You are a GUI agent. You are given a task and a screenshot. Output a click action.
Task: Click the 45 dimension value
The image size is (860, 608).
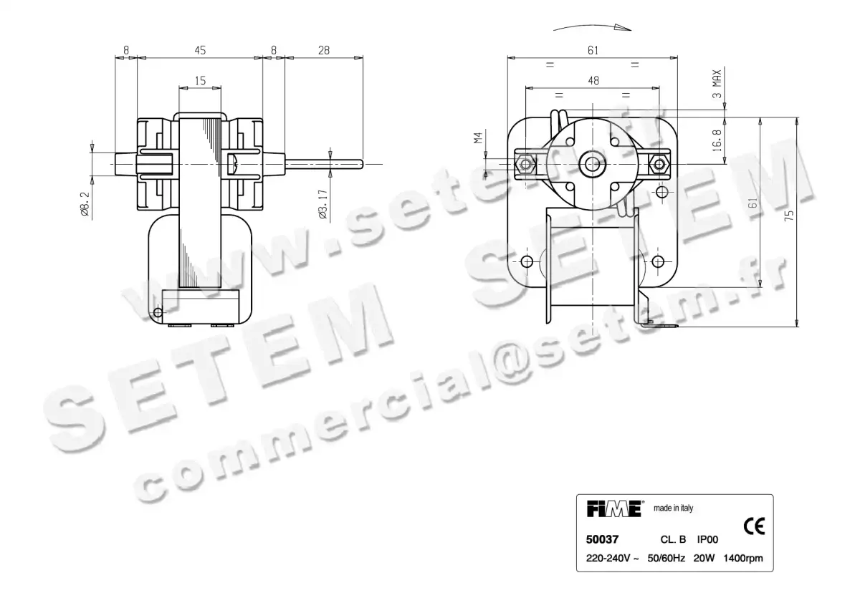[199, 50]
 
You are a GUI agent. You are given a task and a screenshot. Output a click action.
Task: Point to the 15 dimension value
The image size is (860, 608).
[199, 81]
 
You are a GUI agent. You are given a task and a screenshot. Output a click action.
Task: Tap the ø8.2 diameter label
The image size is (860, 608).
[85, 203]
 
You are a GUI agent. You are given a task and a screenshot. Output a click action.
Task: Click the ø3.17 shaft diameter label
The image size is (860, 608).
[323, 203]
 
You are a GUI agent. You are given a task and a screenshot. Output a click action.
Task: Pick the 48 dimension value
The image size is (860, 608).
[593, 81]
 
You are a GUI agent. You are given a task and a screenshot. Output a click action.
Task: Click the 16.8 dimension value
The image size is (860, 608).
[717, 136]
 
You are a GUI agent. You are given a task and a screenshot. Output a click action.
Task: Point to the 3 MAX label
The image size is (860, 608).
[717, 85]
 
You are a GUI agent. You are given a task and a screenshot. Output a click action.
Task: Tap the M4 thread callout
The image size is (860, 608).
[478, 137]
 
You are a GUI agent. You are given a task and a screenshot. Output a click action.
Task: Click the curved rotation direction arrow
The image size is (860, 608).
[593, 27]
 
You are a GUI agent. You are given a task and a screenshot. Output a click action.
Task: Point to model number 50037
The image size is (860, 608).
[603, 540]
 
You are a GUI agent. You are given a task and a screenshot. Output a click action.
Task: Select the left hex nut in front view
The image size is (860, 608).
[527, 165]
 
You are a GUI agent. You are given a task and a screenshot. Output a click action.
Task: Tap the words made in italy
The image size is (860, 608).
[673, 508]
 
